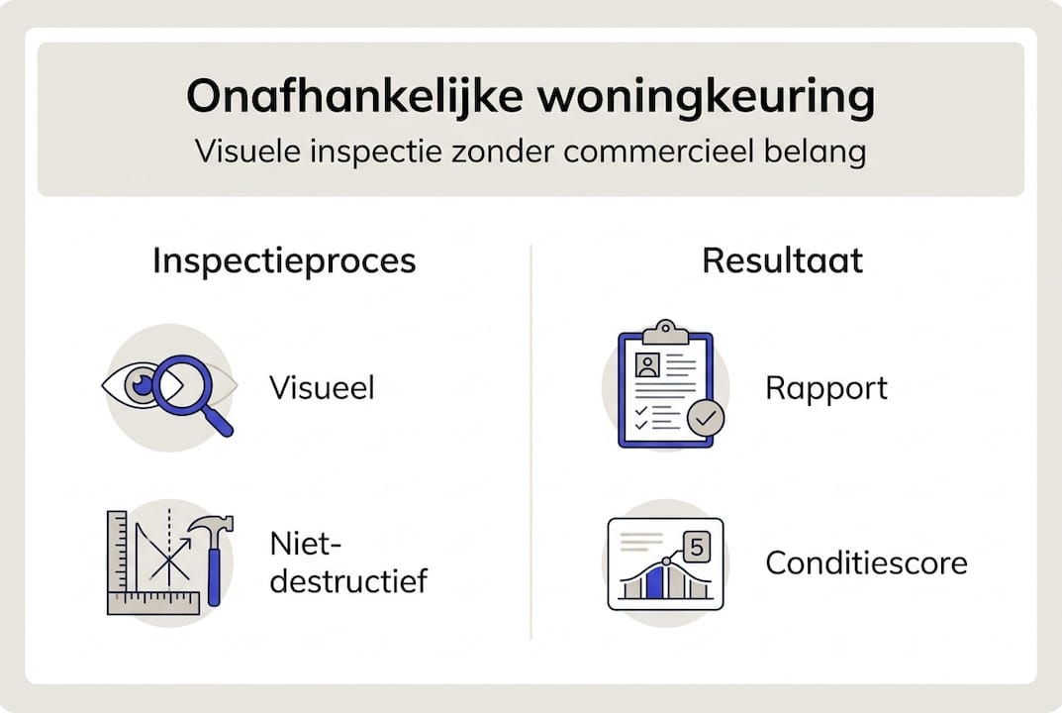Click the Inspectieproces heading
284,260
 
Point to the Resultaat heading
782,260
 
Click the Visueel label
322,387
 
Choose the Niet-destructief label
347,561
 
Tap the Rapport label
826,387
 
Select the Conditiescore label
866,563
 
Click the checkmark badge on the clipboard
706,418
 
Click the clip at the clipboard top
665,330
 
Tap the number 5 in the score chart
697,547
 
